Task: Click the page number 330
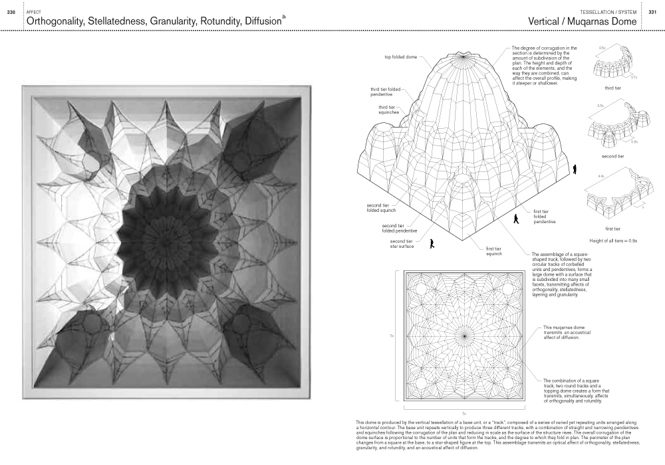pyautogui.click(x=11, y=13)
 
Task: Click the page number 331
pyautogui.click(x=652, y=13)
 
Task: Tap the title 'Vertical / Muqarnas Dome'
pyautogui.click(x=582, y=21)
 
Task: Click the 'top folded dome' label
pyautogui.click(x=401, y=57)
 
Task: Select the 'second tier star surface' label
pyautogui.click(x=402, y=243)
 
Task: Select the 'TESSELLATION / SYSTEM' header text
pyautogui.click(x=607, y=13)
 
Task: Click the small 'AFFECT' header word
pyautogui.click(x=33, y=12)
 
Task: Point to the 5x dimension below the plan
pyautogui.click(x=464, y=413)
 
